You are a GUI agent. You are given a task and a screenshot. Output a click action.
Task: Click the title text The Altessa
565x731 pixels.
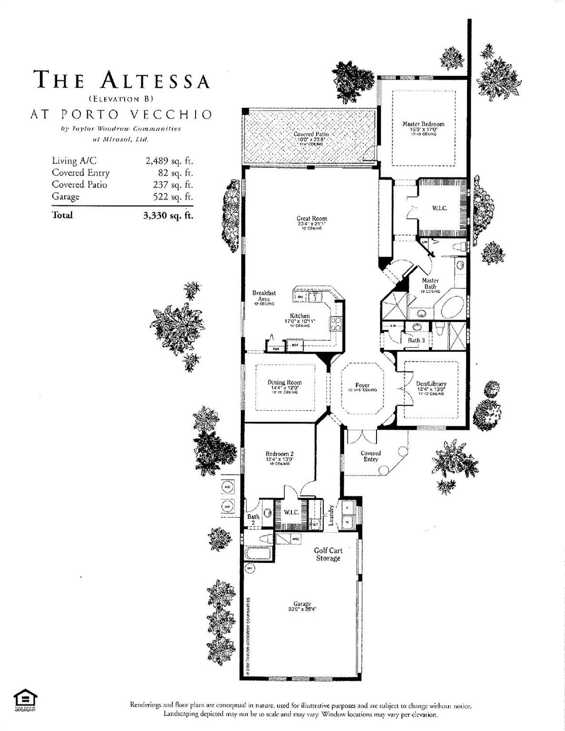click(x=122, y=80)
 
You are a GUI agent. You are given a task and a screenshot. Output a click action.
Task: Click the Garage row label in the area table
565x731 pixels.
click(x=66, y=197)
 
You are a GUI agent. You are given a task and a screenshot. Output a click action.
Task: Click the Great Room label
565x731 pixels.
click(x=312, y=219)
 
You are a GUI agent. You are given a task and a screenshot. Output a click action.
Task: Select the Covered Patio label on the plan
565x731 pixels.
click(x=311, y=134)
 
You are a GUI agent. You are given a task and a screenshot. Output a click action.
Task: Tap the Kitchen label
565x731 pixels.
click(x=300, y=316)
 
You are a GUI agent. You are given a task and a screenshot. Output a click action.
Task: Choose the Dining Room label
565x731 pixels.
click(x=284, y=382)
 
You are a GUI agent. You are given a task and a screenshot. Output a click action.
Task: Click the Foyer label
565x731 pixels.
click(x=362, y=385)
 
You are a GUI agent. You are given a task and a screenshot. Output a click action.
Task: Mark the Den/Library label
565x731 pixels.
click(x=430, y=384)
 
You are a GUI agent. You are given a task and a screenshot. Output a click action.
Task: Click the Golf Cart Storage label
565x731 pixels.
click(x=328, y=554)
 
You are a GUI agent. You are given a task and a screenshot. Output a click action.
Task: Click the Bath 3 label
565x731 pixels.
click(x=416, y=340)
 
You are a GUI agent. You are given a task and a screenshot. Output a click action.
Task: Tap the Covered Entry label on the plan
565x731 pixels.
click(x=370, y=456)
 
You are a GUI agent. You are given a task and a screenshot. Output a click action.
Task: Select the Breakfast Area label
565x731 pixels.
click(x=264, y=296)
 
